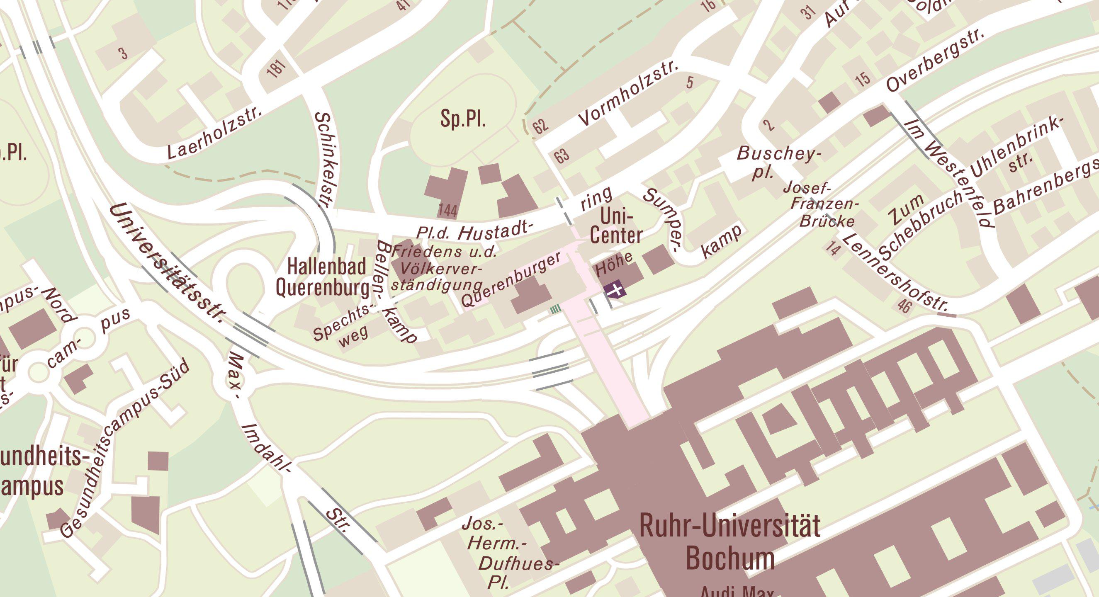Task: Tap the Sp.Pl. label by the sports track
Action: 463,119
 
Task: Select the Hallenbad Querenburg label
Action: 323,278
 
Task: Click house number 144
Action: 447,211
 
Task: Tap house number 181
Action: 276,68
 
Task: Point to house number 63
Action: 562,155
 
